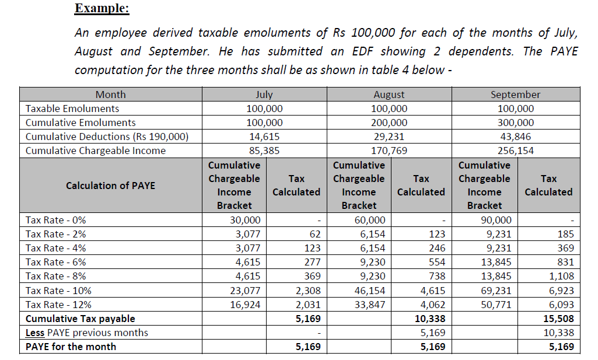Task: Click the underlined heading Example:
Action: point(102,9)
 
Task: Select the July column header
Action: point(264,95)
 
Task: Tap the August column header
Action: point(389,95)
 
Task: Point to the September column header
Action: point(515,95)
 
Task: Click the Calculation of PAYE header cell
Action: point(111,186)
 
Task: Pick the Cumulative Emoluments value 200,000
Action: point(389,123)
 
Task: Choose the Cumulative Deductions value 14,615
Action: point(264,137)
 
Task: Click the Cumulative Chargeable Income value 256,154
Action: point(515,151)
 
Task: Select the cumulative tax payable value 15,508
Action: point(558,319)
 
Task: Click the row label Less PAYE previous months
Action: point(87,333)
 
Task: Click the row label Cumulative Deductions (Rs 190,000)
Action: point(107,137)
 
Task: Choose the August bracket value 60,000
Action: point(370,220)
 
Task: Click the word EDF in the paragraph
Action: point(362,51)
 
